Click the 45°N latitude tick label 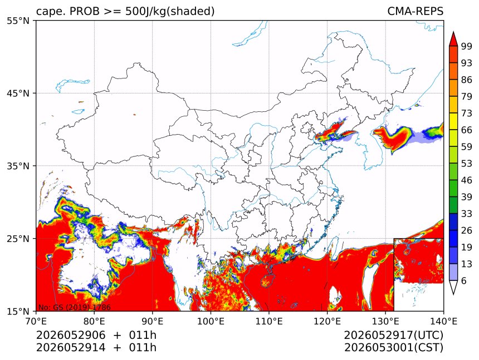18,93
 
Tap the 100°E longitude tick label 211,321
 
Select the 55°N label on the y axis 18,21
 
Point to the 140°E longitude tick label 443,321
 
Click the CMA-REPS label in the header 415,11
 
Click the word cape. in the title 50,12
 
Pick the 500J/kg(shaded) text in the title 170,12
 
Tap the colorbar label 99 467,46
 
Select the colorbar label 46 467,180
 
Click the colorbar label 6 464,280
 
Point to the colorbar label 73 467,114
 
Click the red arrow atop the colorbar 453,38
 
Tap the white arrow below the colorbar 453,288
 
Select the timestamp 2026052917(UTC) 393,336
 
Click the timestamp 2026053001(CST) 393,348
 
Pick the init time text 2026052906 71,335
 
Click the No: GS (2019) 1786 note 74,307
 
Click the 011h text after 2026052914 143,348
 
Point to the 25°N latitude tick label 18,238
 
